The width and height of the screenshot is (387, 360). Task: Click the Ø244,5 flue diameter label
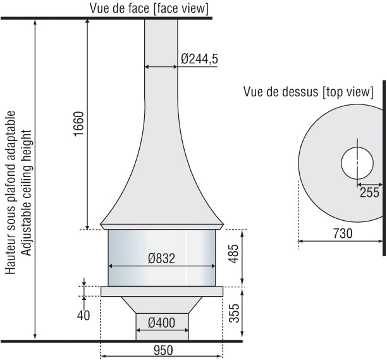click(199, 59)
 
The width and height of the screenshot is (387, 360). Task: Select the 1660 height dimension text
click(79, 124)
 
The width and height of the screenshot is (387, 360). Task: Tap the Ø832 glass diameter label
click(162, 258)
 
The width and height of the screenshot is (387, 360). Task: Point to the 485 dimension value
click(234, 254)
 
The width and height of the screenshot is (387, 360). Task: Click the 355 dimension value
click(234, 313)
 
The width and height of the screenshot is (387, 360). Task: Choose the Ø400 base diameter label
click(162, 323)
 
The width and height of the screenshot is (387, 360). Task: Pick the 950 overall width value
click(163, 351)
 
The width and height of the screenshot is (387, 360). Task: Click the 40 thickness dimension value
click(83, 315)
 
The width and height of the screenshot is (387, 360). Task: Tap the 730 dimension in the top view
click(343, 233)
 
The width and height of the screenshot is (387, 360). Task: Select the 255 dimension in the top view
click(369, 192)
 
